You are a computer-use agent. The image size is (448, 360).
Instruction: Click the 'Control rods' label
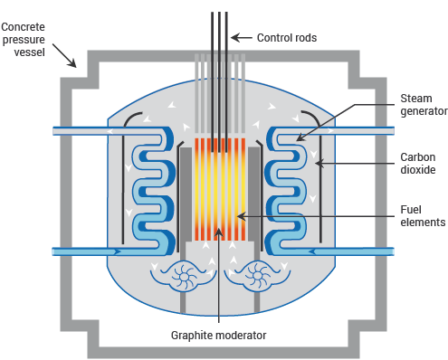click(288, 37)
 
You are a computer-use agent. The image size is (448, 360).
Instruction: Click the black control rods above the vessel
click(219, 27)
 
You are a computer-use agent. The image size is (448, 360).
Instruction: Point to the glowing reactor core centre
click(219, 190)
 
